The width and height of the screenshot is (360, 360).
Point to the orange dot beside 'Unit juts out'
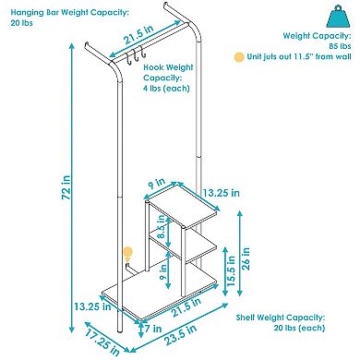pyautogui.click(x=240, y=57)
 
